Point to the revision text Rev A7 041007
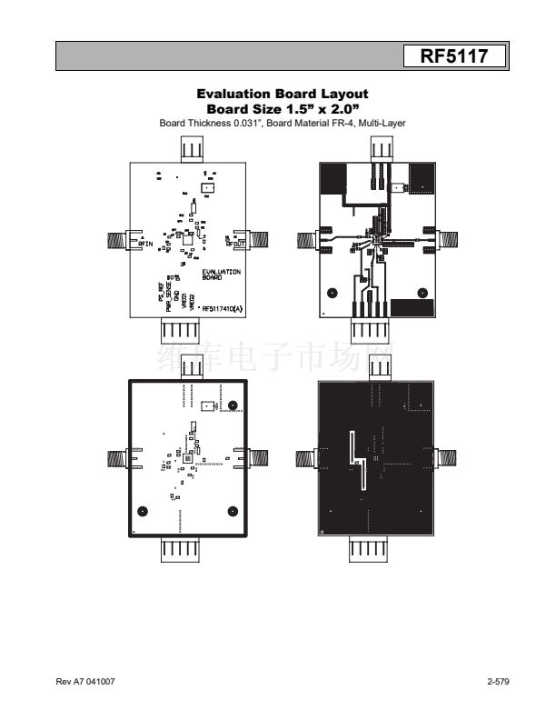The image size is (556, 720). [x=86, y=682]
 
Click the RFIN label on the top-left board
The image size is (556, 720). [x=144, y=244]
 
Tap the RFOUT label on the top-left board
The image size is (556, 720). [x=236, y=243]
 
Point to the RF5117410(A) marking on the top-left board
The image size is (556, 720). [x=221, y=309]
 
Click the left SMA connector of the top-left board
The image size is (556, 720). [x=117, y=240]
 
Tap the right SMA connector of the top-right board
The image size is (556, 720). [x=448, y=239]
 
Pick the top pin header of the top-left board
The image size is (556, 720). [x=194, y=148]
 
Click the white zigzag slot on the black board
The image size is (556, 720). [x=357, y=459]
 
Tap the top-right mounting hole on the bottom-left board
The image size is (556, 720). [x=233, y=405]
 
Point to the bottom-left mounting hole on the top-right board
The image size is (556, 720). [x=333, y=293]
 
